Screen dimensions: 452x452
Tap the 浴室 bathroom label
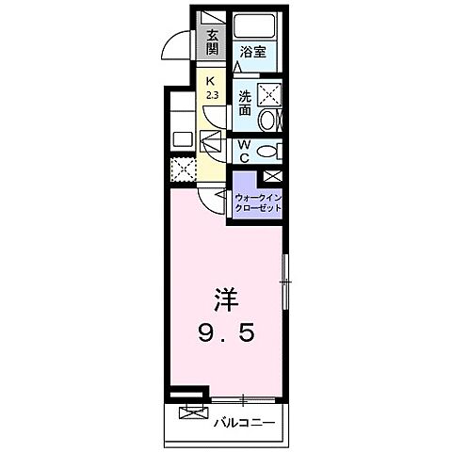(x=251, y=53)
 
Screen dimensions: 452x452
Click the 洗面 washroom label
(x=244, y=103)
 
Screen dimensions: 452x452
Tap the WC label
(x=242, y=151)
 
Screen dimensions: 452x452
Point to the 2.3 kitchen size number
(x=211, y=94)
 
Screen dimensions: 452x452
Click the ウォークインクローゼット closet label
(x=256, y=202)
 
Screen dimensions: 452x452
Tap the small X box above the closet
(x=272, y=176)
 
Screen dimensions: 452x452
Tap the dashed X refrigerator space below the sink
(x=181, y=169)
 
